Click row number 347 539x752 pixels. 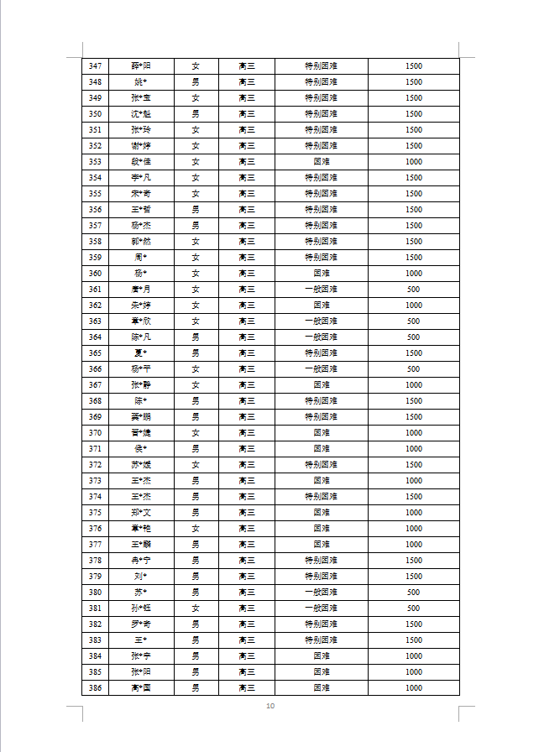pyautogui.click(x=95, y=66)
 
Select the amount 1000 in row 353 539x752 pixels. pyautogui.click(x=413, y=162)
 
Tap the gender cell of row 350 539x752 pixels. pyautogui.click(x=196, y=114)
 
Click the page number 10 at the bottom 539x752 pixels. pyautogui.click(x=269, y=706)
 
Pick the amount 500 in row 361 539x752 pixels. pyautogui.click(x=413, y=290)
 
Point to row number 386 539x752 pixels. pyautogui.click(x=95, y=688)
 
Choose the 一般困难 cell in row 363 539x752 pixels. pyautogui.click(x=321, y=321)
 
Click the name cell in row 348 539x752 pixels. pyautogui.click(x=141, y=82)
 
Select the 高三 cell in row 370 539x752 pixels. pyautogui.click(x=247, y=433)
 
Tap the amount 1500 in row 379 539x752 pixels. pyautogui.click(x=413, y=577)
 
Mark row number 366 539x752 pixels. pyautogui.click(x=95, y=369)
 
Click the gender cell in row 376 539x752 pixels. pyautogui.click(x=196, y=529)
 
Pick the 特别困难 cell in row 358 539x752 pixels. pyautogui.click(x=321, y=242)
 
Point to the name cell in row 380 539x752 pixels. pyautogui.click(x=141, y=593)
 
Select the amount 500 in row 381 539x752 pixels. pyautogui.click(x=413, y=608)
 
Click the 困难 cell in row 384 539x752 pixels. pyautogui.click(x=321, y=656)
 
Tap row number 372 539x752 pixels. pyautogui.click(x=95, y=465)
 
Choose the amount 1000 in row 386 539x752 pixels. pyautogui.click(x=413, y=688)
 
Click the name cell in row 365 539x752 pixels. pyautogui.click(x=141, y=353)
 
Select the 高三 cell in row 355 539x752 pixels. pyautogui.click(x=247, y=194)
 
